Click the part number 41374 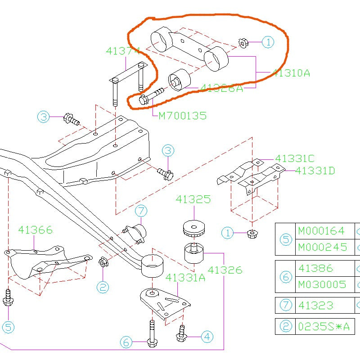pyautogui.click(x=123, y=51)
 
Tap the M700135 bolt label pyautogui.click(x=182, y=116)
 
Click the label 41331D pyautogui.click(x=315, y=171)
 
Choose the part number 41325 pyautogui.click(x=193, y=199)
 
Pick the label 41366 pyautogui.click(x=35, y=230)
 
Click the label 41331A pyautogui.click(x=185, y=277)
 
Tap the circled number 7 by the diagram pyautogui.click(x=141, y=210)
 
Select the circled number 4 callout pyautogui.click(x=207, y=336)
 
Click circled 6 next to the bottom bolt pyautogui.click(x=127, y=342)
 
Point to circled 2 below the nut pyautogui.click(x=103, y=286)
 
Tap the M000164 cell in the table pyautogui.click(x=321, y=231)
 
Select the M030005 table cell pyautogui.click(x=322, y=284)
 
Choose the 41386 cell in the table pyautogui.click(x=315, y=268)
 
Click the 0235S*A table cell pyautogui.click(x=323, y=326)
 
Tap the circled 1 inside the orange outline pyautogui.click(x=268, y=42)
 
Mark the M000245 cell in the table pyautogui.click(x=322, y=247)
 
